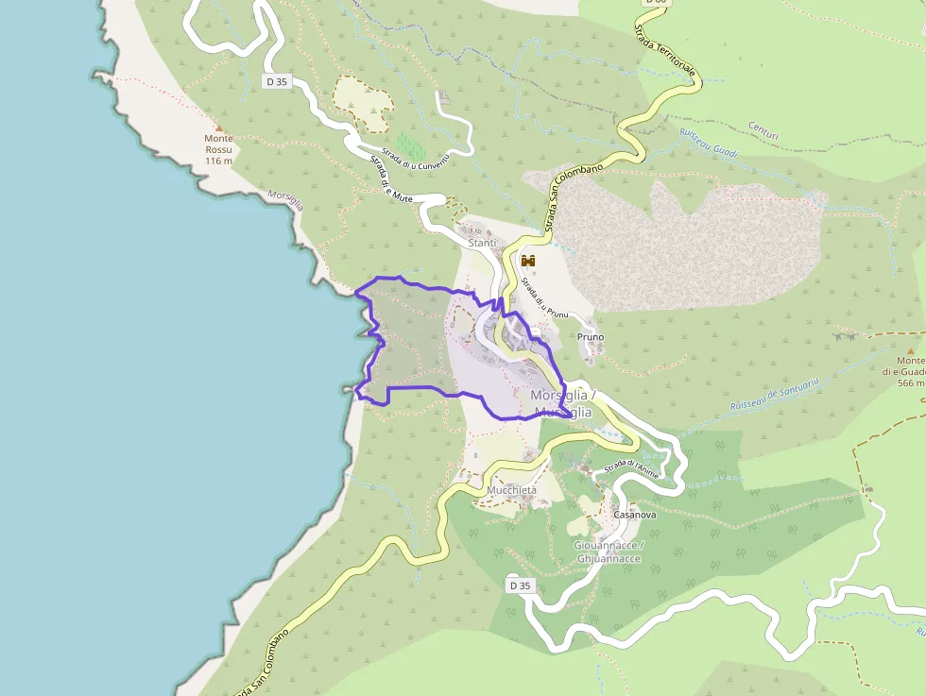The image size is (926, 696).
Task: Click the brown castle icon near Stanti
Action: click(x=528, y=261)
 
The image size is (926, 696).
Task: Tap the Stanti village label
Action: click(x=482, y=244)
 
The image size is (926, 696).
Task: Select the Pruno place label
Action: click(x=591, y=336)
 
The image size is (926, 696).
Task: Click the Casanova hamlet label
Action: click(x=634, y=516)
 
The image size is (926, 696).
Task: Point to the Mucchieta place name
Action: click(x=512, y=491)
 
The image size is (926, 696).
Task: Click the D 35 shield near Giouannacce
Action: click(x=520, y=586)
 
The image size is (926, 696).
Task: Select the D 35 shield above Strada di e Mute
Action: click(x=276, y=82)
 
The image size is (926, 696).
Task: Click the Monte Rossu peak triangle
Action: click(x=219, y=127)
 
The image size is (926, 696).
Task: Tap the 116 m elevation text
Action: click(x=218, y=161)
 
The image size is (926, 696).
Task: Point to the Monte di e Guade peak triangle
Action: click(x=911, y=349)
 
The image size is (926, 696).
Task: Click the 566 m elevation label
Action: click(x=911, y=382)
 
